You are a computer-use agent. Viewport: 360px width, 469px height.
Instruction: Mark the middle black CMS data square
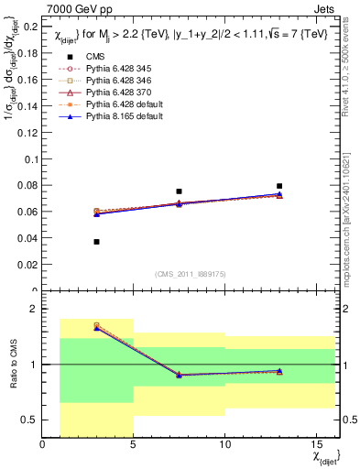[x=179, y=191]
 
